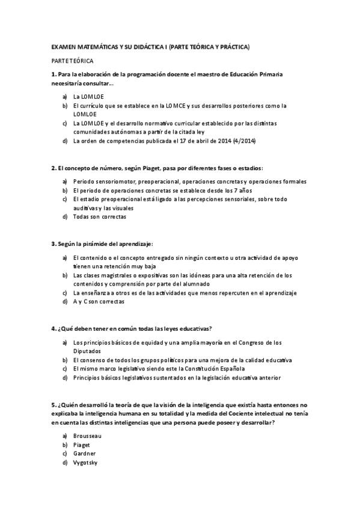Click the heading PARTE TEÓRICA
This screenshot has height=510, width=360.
pos(72,61)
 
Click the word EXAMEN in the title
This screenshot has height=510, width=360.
pos(63,46)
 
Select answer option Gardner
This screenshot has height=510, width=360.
pos(84,453)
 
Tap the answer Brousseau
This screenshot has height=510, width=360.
pos(87,434)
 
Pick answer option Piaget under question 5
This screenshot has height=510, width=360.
pos(82,444)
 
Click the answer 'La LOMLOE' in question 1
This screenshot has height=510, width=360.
pos(88,96)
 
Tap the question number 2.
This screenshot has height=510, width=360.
pos(53,168)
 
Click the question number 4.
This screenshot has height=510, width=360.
pos(53,328)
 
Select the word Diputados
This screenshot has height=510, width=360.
pos(88,351)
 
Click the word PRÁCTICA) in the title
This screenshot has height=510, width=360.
pos(234,46)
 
